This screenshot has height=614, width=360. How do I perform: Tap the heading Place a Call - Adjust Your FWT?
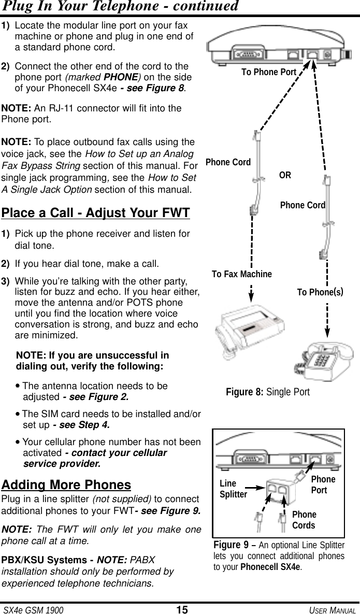click(x=96, y=212)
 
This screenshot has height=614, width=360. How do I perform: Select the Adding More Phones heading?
click(x=66, y=485)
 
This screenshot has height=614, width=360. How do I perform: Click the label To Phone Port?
click(x=269, y=72)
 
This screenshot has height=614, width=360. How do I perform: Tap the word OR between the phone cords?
click(x=285, y=175)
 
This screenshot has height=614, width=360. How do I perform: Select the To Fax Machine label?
click(x=242, y=274)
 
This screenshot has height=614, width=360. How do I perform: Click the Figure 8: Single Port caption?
click(x=268, y=392)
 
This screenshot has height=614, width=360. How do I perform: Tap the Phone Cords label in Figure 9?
click(x=304, y=520)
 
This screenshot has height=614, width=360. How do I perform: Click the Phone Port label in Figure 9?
click(x=323, y=484)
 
